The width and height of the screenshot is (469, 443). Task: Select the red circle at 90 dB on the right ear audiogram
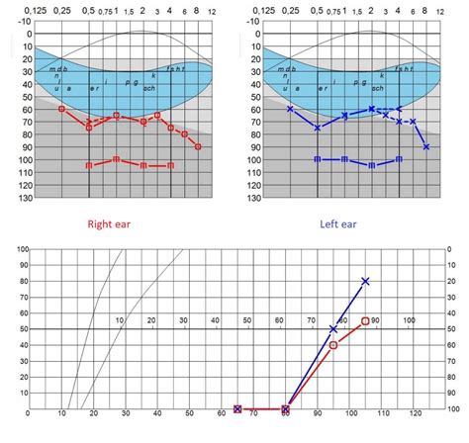[199, 146]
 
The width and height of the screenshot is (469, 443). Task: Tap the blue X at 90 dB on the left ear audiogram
[426, 146]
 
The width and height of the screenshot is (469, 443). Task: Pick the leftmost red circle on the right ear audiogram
[61, 109]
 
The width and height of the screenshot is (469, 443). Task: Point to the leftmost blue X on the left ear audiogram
[290, 109]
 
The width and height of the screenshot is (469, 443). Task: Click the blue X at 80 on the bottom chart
[365, 281]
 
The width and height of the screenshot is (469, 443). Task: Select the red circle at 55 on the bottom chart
[365, 321]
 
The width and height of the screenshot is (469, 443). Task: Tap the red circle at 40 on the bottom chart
[332, 345]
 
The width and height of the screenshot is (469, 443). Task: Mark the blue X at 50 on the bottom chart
[332, 328]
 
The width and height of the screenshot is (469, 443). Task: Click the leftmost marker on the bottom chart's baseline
[237, 408]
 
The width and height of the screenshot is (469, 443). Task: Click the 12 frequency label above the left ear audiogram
[441, 10]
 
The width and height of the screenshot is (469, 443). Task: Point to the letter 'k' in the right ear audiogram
[153, 76]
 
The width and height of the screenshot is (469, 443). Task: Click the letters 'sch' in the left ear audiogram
[377, 88]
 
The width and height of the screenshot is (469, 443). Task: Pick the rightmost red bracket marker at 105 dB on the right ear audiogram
[171, 165]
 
